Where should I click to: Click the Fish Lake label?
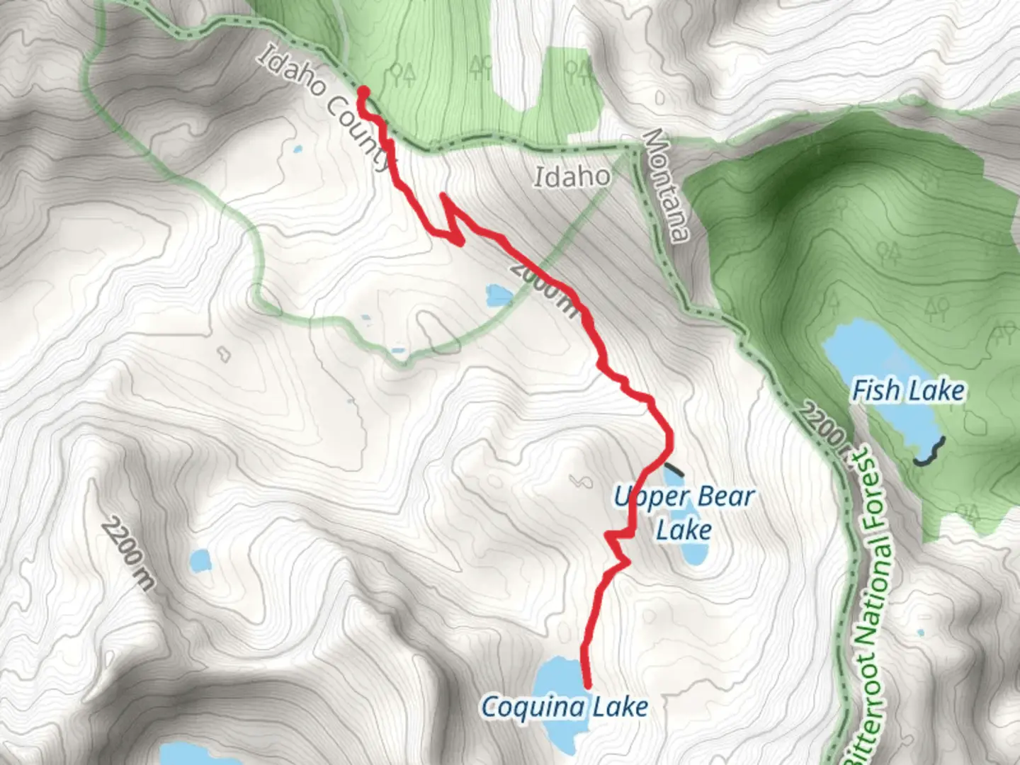coord(908,390)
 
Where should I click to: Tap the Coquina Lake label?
coord(565,707)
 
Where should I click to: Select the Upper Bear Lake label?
coord(684,513)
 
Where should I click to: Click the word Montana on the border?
coord(667,186)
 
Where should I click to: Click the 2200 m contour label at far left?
coord(127,554)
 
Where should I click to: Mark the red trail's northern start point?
coord(363,91)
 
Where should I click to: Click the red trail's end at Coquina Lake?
coord(587,684)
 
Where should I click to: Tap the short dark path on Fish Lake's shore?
coord(930,452)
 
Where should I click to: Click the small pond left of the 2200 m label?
coord(200,560)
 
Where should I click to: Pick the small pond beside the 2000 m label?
coord(498,293)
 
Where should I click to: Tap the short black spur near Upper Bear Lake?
coord(674,468)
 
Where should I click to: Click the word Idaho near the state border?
coord(572,176)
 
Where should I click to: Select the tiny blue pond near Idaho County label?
coord(297,149)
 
